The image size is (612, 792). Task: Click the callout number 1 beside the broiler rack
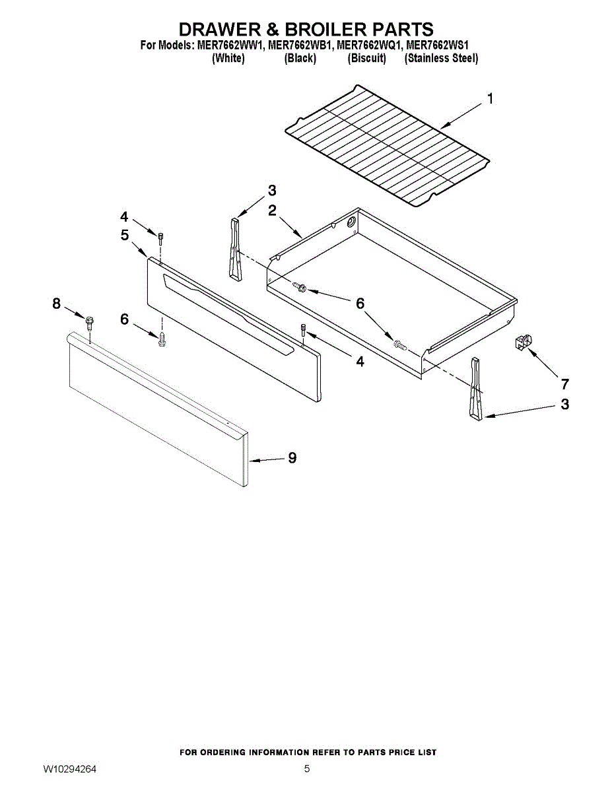point(490,99)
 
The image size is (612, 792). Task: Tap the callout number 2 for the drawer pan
point(272,211)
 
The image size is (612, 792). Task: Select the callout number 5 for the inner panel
point(125,234)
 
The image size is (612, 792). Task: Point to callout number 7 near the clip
point(564,383)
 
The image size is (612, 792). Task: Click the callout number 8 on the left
point(57,304)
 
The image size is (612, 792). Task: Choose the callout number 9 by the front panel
point(292,457)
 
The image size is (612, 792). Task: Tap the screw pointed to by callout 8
point(90,321)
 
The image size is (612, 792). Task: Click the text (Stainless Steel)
point(441,58)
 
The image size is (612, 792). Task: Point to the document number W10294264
point(70,769)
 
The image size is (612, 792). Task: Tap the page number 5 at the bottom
point(307,769)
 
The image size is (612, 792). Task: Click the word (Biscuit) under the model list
point(366,58)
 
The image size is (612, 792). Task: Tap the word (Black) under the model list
point(300,58)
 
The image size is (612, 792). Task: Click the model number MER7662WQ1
point(368,46)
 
